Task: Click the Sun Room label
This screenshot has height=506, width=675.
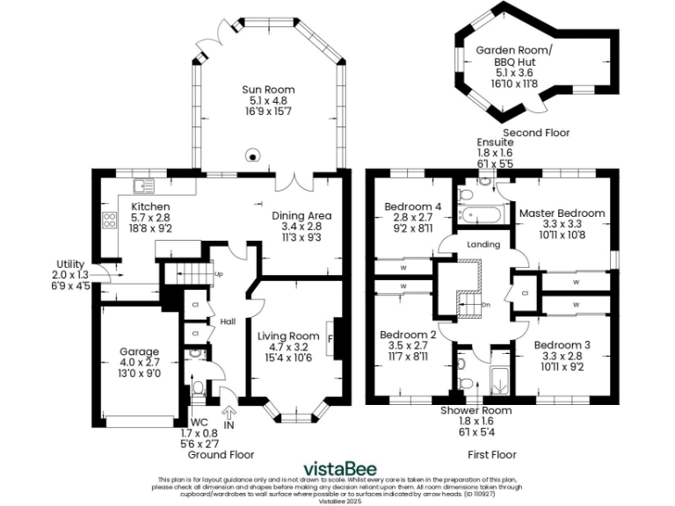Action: [268, 90]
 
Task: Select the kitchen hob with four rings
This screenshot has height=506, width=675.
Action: [111, 220]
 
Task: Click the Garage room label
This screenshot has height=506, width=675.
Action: [139, 352]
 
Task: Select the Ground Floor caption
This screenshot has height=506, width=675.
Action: [222, 455]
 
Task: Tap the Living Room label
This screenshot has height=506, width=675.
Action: [287, 336]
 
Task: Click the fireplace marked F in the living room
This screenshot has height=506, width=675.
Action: [330, 337]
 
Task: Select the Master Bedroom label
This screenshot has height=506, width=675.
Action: [561, 213]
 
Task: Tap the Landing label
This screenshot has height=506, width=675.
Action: [483, 244]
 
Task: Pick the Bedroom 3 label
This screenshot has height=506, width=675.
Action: [562, 344]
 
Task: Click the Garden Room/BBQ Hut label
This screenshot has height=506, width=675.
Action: [514, 51]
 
